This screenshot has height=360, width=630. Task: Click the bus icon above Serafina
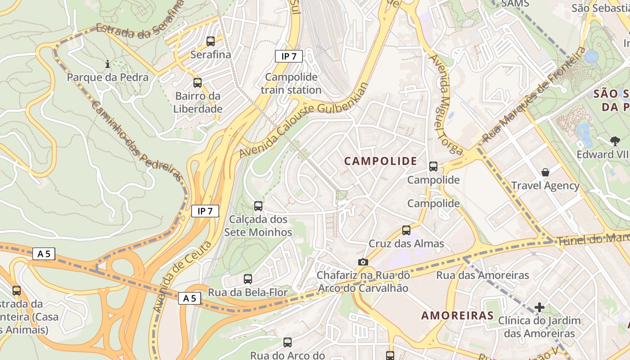point(210,41)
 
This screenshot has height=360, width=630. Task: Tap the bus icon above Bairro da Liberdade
point(197,83)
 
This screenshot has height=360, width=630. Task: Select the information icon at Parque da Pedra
point(108,64)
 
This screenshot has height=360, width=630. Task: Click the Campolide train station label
point(291,83)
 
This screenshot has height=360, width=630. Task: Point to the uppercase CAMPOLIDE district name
point(381,161)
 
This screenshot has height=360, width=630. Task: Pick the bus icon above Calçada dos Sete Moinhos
point(258,206)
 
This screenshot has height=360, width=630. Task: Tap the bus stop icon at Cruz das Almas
point(406,230)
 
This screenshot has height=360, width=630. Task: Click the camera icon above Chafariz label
point(363,262)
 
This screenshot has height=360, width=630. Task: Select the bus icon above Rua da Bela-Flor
point(247,279)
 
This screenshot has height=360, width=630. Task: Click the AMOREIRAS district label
point(457,315)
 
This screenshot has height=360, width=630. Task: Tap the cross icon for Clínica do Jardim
point(539,307)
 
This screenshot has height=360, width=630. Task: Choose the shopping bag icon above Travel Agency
point(545,172)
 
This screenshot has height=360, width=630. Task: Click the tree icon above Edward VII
point(615,141)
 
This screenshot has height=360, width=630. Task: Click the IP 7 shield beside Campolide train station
point(288,56)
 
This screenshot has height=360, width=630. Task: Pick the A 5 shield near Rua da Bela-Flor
point(189,298)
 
